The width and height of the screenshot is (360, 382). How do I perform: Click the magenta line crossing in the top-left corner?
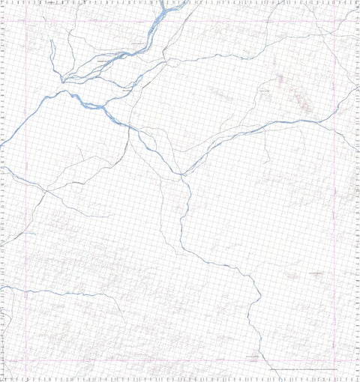coord(27,19)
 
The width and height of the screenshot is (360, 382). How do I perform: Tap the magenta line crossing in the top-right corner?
coord(335,19)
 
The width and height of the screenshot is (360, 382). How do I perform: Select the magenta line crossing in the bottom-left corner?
coord(27,360)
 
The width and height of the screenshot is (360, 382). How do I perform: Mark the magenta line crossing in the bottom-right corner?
coord(335,360)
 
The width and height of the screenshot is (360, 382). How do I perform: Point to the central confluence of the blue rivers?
coord(183,175)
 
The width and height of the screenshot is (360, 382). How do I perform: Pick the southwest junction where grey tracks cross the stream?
coord(45,191)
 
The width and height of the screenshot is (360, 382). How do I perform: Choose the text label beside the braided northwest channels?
coord(104,61)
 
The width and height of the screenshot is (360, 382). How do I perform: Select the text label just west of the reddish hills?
coord(263,91)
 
